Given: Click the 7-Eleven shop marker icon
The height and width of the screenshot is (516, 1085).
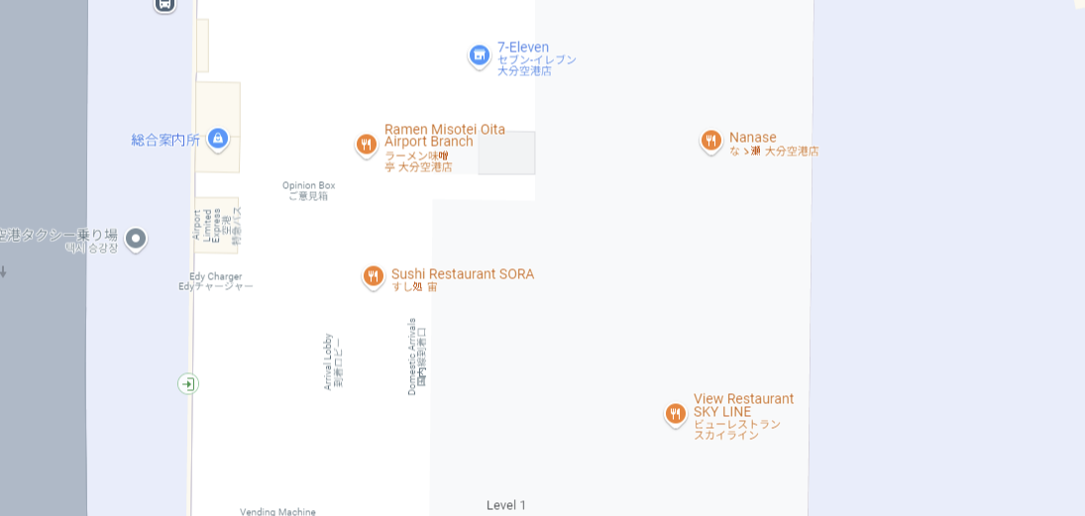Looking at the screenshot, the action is tap(480, 55).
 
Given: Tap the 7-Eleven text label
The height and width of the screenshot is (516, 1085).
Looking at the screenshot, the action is tap(523, 48).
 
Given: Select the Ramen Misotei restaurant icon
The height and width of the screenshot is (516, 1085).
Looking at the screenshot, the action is tap(367, 145).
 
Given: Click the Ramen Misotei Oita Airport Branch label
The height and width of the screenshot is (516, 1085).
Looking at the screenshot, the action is tap(444, 136).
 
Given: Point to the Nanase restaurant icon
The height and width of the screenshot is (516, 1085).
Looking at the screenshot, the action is tap(710, 141).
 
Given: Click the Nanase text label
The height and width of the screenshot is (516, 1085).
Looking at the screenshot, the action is tap(753, 138).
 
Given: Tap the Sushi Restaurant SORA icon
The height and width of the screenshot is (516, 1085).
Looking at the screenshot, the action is tap(374, 276).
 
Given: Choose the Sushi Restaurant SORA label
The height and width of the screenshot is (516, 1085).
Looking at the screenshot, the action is tap(462, 274).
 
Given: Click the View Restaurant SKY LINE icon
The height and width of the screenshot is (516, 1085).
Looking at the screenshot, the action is tap(676, 413).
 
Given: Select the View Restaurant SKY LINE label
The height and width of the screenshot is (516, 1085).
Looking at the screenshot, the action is tap(743, 405).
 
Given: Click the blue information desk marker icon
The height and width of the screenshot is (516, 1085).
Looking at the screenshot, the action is tap(218, 139).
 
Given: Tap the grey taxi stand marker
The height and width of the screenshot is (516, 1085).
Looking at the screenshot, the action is tap(136, 238).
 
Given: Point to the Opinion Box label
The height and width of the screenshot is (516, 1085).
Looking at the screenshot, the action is tap(308, 185).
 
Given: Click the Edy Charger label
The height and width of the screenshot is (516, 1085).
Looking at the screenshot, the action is tap(216, 276).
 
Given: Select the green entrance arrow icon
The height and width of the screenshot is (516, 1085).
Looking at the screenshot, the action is tap(188, 383).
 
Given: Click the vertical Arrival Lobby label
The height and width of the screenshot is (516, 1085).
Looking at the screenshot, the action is tap(328, 361).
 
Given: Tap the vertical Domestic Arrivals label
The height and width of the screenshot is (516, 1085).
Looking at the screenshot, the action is tap(412, 357).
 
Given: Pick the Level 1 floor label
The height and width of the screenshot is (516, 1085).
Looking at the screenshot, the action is tap(506, 505).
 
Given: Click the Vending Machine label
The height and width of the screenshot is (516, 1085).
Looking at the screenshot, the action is tap(277, 511).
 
